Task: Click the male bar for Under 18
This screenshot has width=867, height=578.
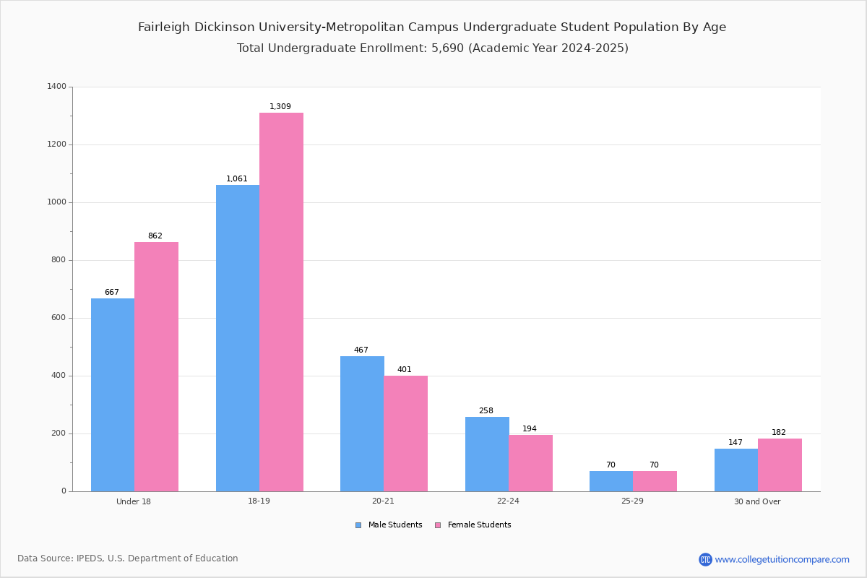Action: point(113,394)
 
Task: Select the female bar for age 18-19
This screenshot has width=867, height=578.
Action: point(281,302)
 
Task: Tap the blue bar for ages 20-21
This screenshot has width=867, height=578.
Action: point(362,423)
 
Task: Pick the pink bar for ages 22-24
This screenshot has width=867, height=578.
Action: point(530,463)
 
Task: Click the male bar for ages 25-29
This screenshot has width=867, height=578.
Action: point(611,481)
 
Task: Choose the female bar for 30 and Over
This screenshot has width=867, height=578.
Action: point(780,465)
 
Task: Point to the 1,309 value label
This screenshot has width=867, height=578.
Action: point(280,107)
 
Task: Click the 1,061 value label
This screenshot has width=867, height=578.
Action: point(237,179)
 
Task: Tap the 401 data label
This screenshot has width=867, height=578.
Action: point(405,370)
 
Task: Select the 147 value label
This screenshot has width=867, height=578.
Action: point(736,443)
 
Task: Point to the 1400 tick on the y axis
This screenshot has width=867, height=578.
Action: point(56,87)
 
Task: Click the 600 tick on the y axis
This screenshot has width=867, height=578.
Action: point(59,318)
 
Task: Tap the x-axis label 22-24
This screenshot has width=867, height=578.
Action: point(508,501)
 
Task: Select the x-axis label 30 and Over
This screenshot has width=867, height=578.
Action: point(757,501)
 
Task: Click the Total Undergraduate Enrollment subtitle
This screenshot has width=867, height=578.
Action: point(432,48)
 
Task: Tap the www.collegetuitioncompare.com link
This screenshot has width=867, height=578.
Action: point(782,559)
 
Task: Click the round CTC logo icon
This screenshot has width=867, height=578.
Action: point(705,559)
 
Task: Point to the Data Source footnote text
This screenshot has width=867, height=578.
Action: point(128,558)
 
